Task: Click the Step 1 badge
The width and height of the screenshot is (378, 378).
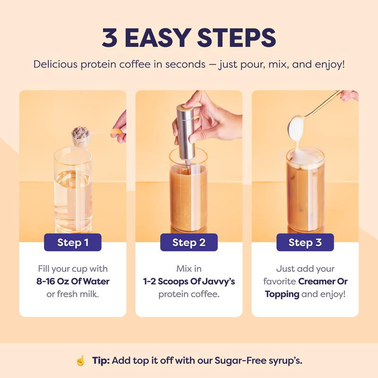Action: click(x=73, y=242)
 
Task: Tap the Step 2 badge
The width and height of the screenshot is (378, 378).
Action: click(x=189, y=242)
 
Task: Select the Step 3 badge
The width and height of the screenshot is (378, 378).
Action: click(x=305, y=242)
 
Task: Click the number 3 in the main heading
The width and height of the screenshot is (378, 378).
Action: click(x=110, y=38)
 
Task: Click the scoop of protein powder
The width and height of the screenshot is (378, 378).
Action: click(x=81, y=135)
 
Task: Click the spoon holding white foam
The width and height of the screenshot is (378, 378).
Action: click(x=297, y=127)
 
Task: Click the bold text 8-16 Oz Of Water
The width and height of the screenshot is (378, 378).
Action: click(x=73, y=282)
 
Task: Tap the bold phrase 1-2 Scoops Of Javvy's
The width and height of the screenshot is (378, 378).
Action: click(x=189, y=282)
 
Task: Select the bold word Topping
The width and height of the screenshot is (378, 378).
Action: click(x=282, y=294)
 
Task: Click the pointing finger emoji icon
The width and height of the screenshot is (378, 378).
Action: click(x=80, y=361)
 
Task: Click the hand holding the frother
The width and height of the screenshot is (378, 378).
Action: click(x=213, y=118)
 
